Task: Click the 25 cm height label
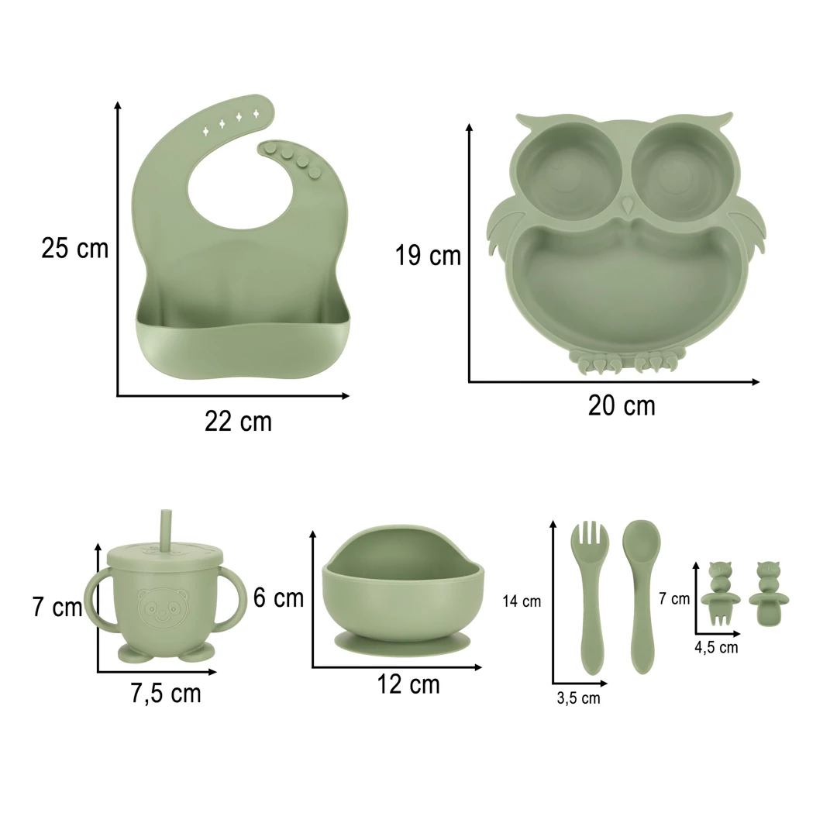pos(74,248)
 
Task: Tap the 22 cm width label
pos(238,422)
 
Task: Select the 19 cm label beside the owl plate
pos(428,255)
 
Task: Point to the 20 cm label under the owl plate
pos(622,405)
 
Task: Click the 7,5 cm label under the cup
pos(166,694)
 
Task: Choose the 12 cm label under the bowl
pos(408,684)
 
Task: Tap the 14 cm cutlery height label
pos(522,601)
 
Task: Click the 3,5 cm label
pos(578,698)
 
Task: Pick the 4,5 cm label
pos(716,647)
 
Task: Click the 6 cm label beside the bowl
pos(278,598)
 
